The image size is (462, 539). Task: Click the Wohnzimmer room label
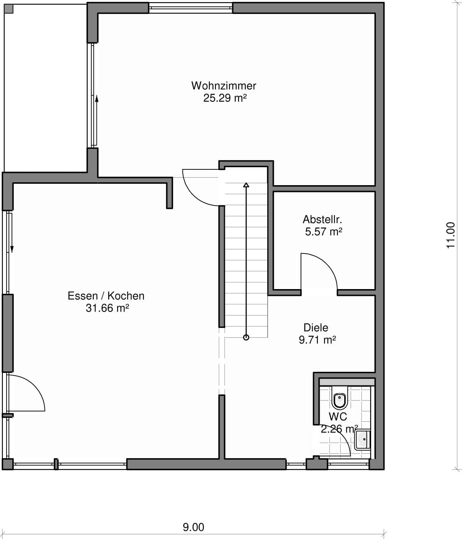(223, 86)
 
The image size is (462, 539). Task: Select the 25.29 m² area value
(225, 98)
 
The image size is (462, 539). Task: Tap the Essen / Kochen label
(106, 296)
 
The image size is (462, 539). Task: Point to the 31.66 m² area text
(107, 308)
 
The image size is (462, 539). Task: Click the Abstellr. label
(322, 219)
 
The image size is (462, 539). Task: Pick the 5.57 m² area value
(324, 232)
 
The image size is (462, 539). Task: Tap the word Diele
(316, 328)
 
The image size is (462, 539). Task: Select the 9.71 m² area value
(317, 340)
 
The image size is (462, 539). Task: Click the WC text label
(338, 417)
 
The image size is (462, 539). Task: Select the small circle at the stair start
(246, 337)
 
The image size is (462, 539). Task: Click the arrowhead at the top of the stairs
(246, 185)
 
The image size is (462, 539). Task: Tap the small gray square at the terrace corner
(9, 9)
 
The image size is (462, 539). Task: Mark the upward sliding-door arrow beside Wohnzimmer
(97, 120)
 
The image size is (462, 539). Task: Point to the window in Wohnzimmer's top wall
(190, 8)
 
